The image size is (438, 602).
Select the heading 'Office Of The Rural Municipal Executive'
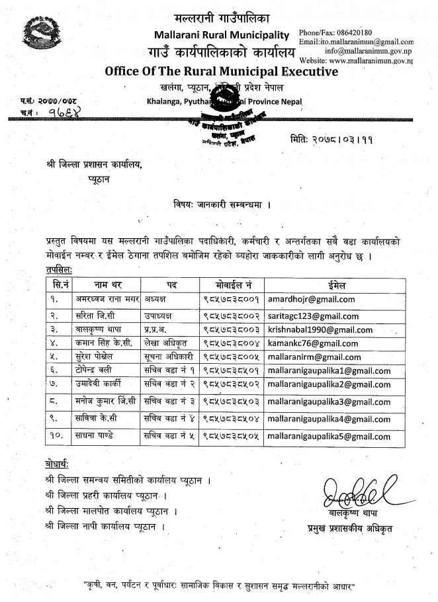[x=221, y=71]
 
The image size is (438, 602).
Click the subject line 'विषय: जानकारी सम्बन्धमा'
[x=221, y=204]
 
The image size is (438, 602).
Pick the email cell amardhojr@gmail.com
[x=310, y=299]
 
